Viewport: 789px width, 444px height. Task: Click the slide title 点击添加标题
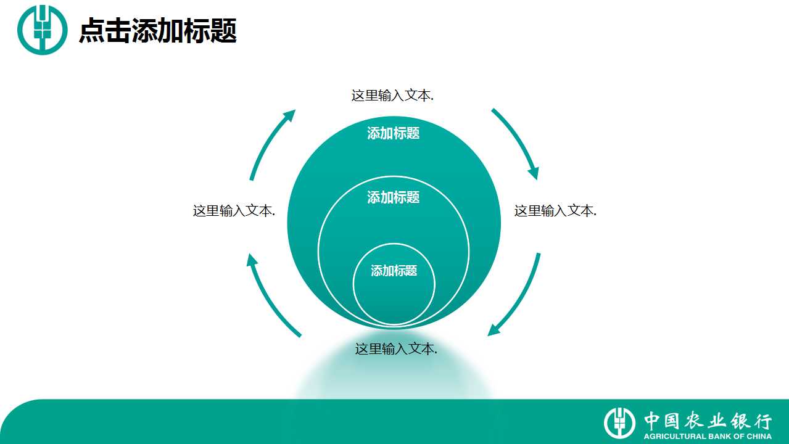click(158, 31)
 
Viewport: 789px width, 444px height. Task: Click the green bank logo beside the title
click(42, 30)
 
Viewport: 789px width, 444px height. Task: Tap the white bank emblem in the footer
click(619, 423)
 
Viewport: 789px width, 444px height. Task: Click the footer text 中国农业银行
click(708, 421)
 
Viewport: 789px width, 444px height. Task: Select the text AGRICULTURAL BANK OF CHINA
click(708, 436)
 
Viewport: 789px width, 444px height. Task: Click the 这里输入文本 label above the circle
click(392, 96)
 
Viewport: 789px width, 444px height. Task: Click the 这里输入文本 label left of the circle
click(234, 211)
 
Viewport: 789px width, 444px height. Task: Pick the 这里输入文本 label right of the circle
click(555, 211)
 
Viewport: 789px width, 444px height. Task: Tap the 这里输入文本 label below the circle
click(396, 349)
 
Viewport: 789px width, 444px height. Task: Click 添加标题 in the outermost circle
click(394, 133)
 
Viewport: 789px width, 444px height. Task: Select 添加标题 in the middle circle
click(394, 197)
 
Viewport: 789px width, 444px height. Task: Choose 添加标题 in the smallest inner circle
click(394, 271)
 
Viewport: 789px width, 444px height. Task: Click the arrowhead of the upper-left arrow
click(289, 117)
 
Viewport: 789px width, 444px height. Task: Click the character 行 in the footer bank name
click(762, 421)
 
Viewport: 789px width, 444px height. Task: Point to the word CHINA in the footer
click(759, 436)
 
